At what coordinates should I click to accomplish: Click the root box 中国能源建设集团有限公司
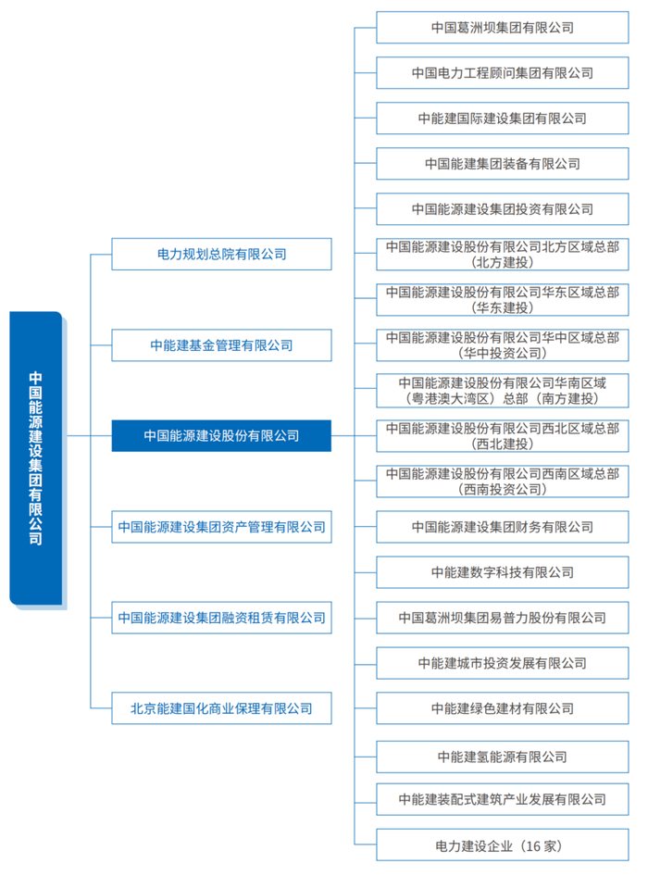point(36,458)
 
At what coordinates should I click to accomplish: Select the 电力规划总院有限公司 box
point(221,254)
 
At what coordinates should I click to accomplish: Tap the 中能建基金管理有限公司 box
point(221,345)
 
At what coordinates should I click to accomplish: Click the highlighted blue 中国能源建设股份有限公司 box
point(221,435)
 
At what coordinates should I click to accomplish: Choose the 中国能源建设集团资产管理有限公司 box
point(221,527)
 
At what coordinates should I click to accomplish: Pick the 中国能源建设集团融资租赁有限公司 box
point(221,618)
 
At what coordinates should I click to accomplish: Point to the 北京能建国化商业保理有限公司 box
point(221,708)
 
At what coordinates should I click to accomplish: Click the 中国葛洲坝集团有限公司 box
point(503,28)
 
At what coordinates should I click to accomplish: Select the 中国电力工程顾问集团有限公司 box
point(503,72)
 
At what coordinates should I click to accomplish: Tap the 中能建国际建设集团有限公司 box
point(503,119)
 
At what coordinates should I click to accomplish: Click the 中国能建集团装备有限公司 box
point(503,164)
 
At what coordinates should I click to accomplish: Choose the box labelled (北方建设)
point(503,255)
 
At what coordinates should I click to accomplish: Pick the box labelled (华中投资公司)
point(503,344)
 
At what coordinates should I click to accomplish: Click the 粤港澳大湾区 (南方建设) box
point(503,391)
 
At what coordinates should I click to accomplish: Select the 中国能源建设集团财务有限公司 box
point(503,527)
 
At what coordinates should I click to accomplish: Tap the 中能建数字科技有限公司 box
point(503,572)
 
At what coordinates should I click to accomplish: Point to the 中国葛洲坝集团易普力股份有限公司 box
point(503,618)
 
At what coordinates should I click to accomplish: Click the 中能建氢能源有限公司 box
point(503,757)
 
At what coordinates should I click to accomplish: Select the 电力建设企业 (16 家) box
point(503,845)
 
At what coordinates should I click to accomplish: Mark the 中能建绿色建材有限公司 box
point(503,708)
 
